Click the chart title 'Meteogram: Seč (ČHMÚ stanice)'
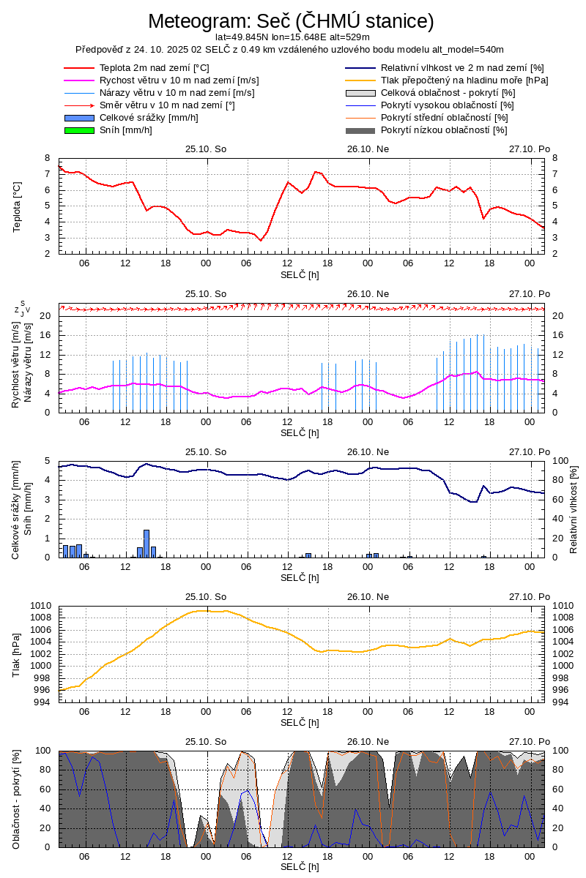pyautogui.click(x=291, y=21)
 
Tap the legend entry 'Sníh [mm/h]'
pyautogui.click(x=125, y=130)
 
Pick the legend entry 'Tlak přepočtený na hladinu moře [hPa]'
pyautogui.click(x=464, y=80)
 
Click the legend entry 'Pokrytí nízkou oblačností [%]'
pyautogui.click(x=444, y=130)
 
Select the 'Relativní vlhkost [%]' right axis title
pyautogui.click(x=574, y=509)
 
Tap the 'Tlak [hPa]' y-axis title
pyautogui.click(x=17, y=654)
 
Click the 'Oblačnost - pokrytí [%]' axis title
pyautogui.click(x=17, y=799)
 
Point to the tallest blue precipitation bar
pyautogui.click(x=146, y=543)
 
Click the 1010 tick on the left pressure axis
pyautogui.click(x=40, y=606)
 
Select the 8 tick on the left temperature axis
pyautogui.click(x=47, y=158)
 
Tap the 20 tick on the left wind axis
pyautogui.click(x=44, y=316)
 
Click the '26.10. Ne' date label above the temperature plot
pyautogui.click(x=368, y=149)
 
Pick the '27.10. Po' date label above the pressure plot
pyautogui.click(x=529, y=596)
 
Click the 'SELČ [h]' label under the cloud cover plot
pyautogui.click(x=300, y=866)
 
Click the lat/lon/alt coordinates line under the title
pyautogui.click(x=292, y=37)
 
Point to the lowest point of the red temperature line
pyautogui.click(x=260, y=240)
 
